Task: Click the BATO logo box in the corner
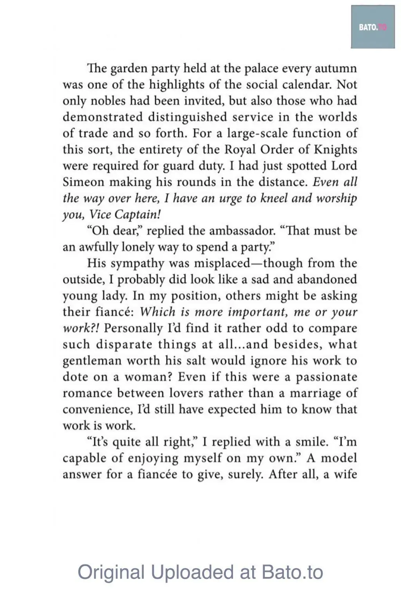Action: tap(372, 27)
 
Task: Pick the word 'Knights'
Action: tap(335, 150)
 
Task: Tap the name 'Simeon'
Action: tap(83, 183)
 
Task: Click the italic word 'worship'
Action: tap(337, 199)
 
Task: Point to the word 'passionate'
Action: tap(327, 377)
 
